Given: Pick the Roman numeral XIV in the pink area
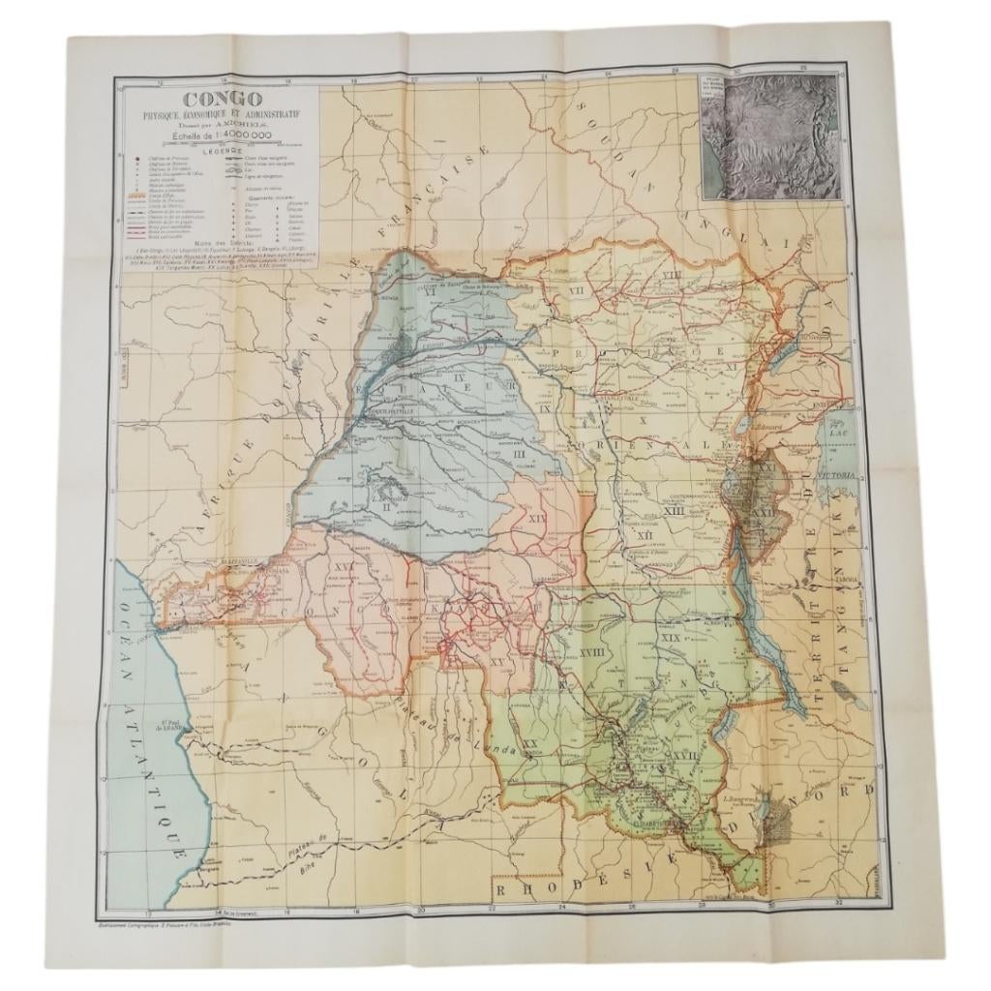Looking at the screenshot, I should click(538, 521).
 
